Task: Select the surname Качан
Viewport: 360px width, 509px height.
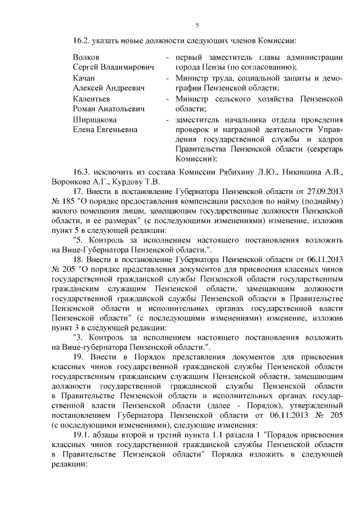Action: [x=85, y=78]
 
